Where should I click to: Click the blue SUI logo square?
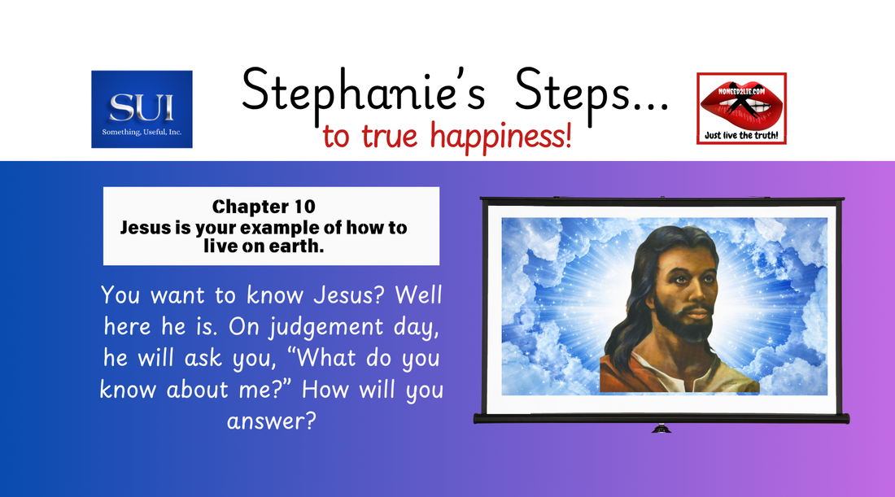142,109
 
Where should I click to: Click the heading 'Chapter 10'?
270,207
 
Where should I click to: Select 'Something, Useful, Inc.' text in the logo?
142,132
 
